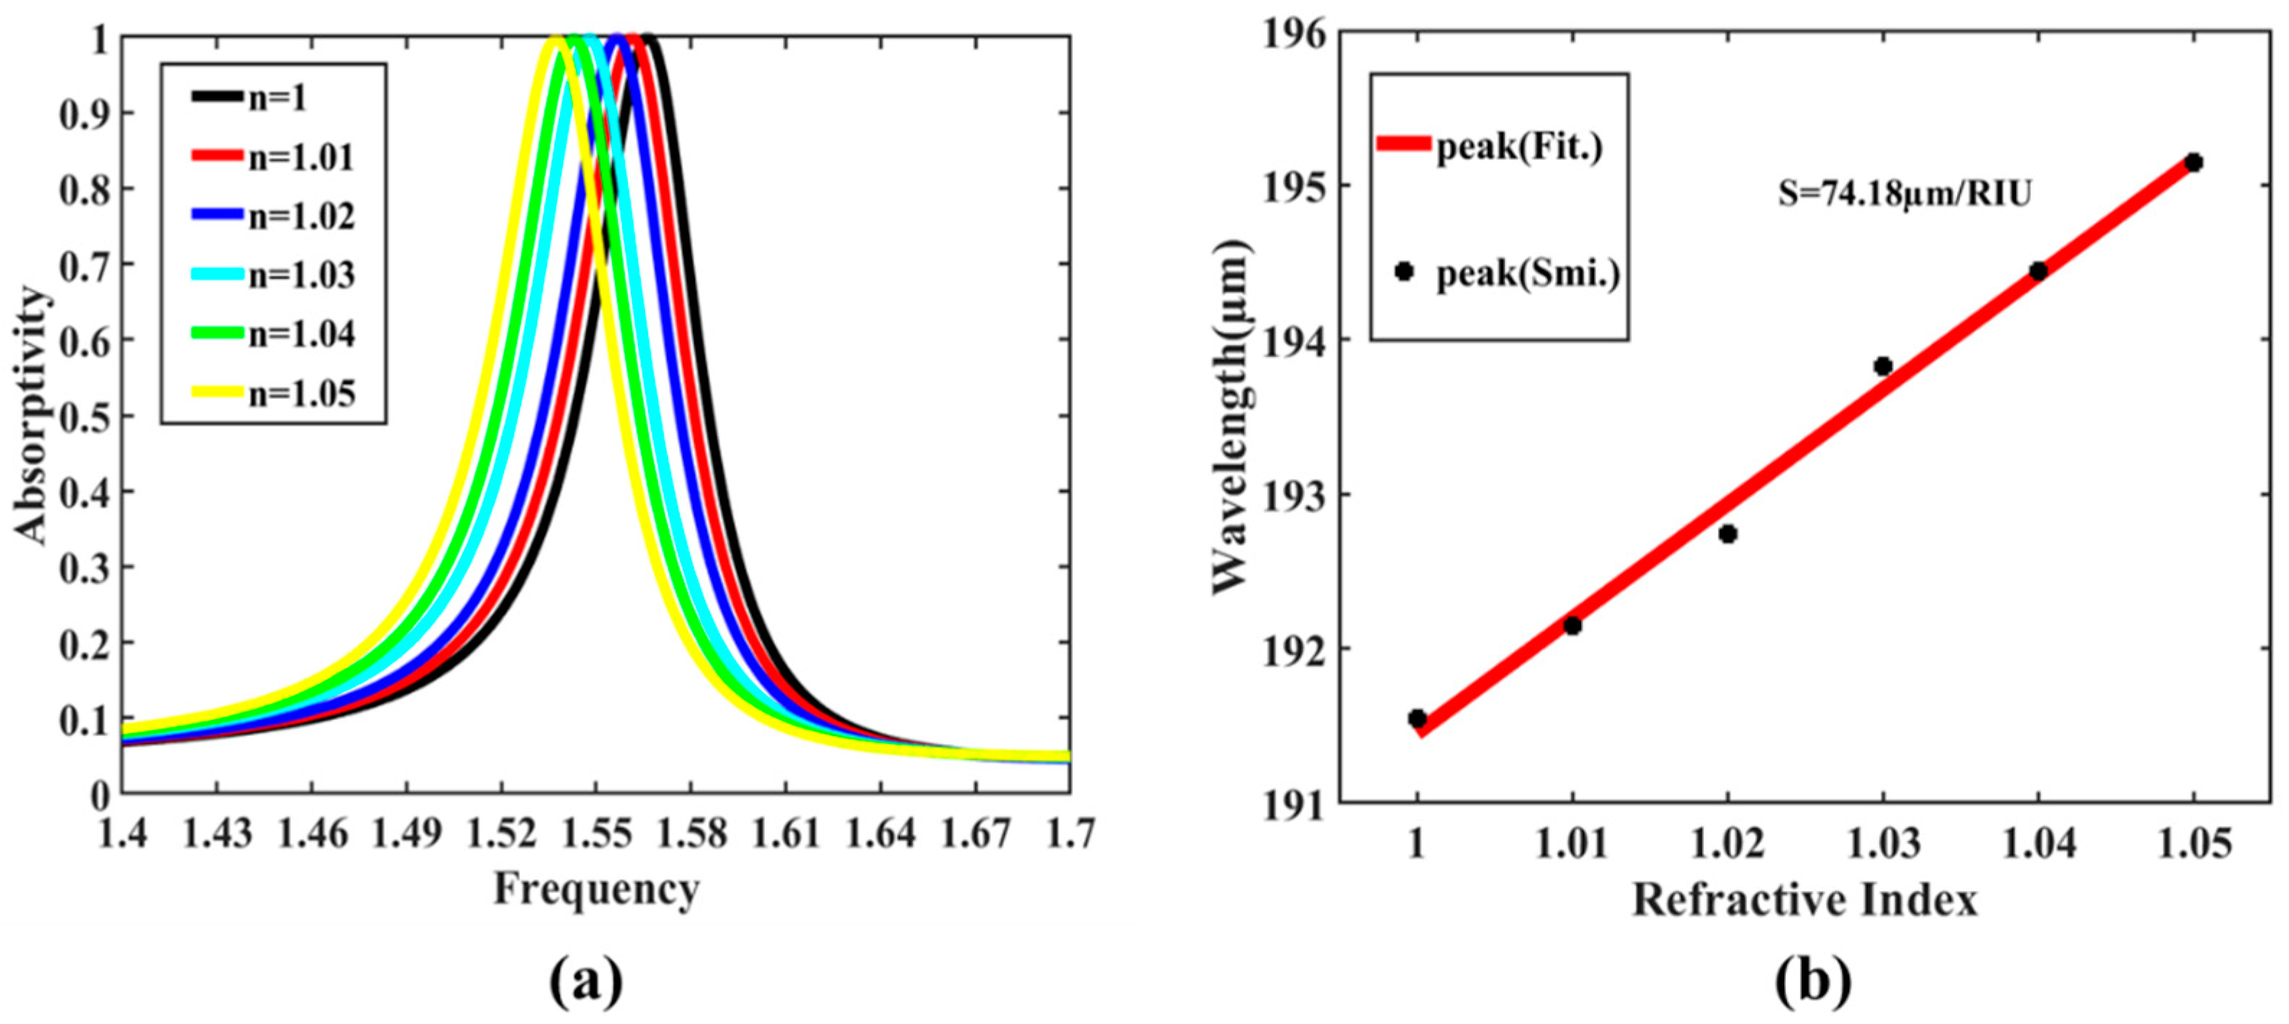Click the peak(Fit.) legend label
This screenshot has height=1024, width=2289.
(x=1519, y=147)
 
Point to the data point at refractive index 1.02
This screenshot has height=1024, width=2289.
(x=1727, y=534)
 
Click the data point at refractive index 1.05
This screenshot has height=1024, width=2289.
(x=2193, y=162)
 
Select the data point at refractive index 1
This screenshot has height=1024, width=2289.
(x=1417, y=717)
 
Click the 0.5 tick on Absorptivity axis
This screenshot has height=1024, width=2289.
(x=84, y=416)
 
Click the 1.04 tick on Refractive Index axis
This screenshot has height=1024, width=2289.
(x=2038, y=843)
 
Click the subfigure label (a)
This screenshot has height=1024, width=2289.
(x=586, y=982)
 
